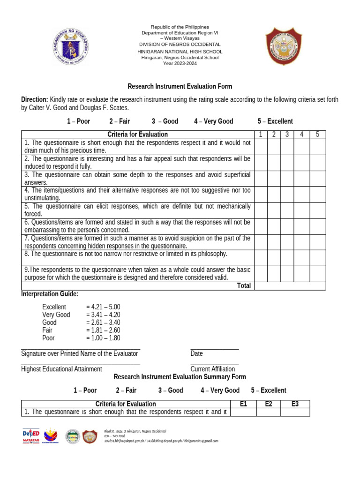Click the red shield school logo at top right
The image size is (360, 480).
(284, 46)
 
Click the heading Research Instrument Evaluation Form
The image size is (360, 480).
(180, 87)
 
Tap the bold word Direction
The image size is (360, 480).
(34, 100)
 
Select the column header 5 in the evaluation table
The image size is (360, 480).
(317, 135)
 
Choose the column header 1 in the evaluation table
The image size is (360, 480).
(261, 135)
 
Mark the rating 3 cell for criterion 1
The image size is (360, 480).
(287, 147)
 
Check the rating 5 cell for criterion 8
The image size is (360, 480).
(317, 258)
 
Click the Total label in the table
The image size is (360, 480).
(244, 286)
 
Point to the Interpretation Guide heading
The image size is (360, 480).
(50, 294)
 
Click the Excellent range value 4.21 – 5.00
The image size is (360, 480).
(103, 307)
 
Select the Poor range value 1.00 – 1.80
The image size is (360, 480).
(103, 338)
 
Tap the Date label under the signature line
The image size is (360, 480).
(196, 353)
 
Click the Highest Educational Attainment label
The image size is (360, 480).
(61, 369)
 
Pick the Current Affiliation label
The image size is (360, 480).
(213, 369)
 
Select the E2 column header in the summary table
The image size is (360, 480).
(269, 404)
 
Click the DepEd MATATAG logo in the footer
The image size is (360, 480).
(30, 436)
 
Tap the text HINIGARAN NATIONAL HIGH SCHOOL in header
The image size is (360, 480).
(180, 52)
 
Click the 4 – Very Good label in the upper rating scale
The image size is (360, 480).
(213, 121)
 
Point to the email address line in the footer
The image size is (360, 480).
(161, 441)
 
